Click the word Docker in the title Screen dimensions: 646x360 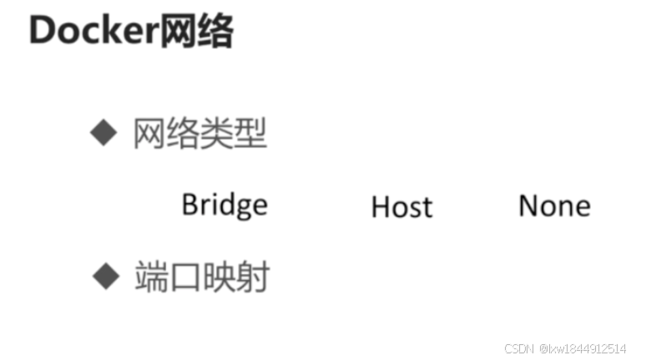pos(91,33)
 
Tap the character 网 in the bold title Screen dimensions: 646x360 pos(173,33)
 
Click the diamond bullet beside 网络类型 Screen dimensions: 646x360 pos(103,132)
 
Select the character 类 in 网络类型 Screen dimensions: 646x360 pos(216,133)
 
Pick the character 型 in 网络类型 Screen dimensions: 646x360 pos(250,133)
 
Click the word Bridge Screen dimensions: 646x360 pos(225,205)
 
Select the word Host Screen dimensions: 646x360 pos(401,206)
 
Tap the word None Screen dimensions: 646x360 pos(554,205)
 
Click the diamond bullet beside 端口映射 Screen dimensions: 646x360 pos(105,275)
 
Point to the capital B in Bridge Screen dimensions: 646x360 pos(189,204)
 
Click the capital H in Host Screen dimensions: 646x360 pos(380,206)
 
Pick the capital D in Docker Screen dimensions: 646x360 pos(42,33)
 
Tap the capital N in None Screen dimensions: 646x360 pos(528,205)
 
